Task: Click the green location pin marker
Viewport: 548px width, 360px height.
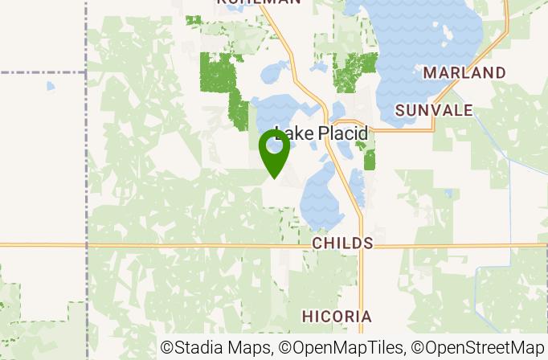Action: (275, 150)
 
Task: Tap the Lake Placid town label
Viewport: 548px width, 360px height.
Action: (321, 133)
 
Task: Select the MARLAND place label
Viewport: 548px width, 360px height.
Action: (464, 73)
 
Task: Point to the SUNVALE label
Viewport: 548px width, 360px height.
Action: (434, 110)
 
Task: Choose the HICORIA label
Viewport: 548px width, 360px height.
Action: (337, 316)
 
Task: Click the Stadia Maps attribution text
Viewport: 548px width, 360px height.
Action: (217, 348)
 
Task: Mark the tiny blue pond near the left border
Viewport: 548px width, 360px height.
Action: (51, 86)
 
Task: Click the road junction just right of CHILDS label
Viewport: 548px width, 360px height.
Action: (362, 245)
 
